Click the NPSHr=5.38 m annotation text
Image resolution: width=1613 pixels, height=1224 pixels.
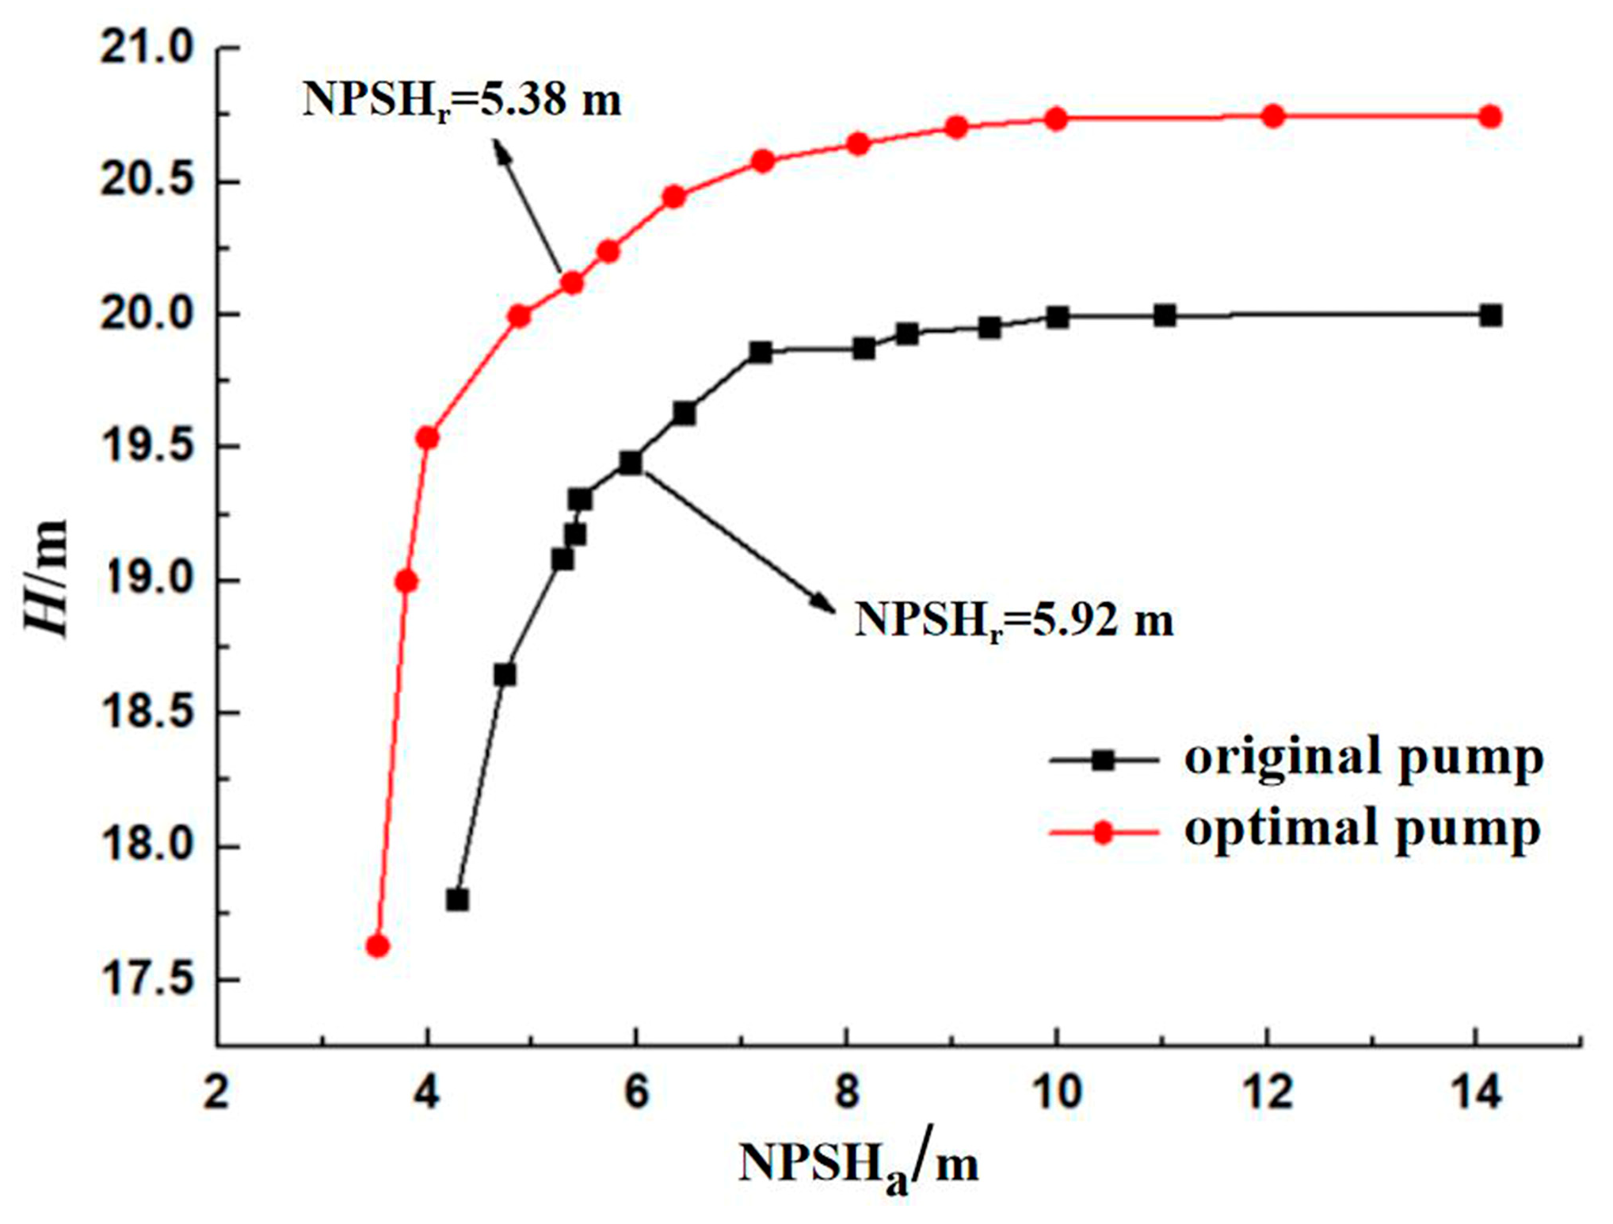click(x=462, y=101)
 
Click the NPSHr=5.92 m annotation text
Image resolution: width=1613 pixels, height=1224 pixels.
click(x=1013, y=620)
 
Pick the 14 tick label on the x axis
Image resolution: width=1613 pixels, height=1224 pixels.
click(x=1475, y=1093)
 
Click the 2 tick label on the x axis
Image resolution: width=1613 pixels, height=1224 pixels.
click(x=216, y=1093)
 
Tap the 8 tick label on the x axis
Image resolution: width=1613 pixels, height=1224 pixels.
click(x=847, y=1093)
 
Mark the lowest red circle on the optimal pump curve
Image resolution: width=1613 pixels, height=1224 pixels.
click(x=377, y=946)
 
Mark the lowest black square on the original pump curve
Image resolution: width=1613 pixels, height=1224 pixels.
click(x=457, y=900)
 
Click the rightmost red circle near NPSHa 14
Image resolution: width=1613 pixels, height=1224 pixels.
click(x=1489, y=116)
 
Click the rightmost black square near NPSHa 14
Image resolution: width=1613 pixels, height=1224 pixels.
click(x=1490, y=315)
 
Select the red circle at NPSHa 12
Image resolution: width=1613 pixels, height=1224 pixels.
click(x=1272, y=116)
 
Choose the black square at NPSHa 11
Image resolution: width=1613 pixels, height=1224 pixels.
click(x=1164, y=315)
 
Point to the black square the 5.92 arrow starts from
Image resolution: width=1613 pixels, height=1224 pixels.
click(x=631, y=463)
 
